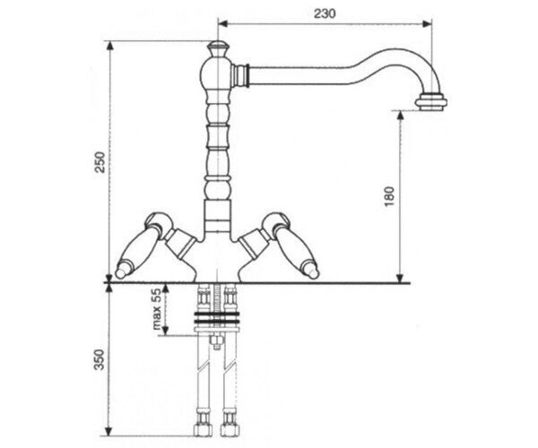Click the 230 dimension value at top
(325, 13)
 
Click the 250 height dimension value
(100, 162)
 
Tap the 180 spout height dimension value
(389, 196)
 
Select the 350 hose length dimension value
(100, 359)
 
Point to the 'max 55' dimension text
(156, 309)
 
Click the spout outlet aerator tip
(431, 102)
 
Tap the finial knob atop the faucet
(218, 48)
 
